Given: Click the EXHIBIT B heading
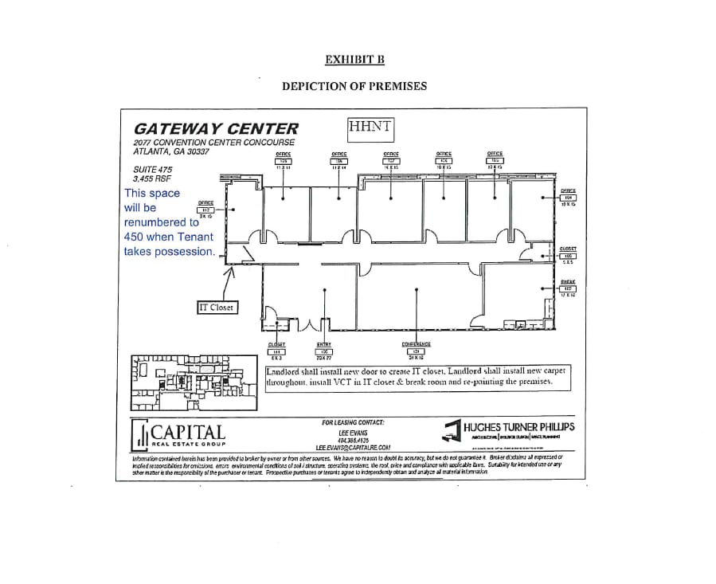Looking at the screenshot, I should [x=354, y=59].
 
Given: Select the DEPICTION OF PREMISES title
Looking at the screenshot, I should [x=354, y=86].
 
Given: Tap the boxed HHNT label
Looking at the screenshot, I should [x=371, y=126].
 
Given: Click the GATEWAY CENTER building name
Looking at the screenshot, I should [x=217, y=128].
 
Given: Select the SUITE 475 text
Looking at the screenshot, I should [x=152, y=169].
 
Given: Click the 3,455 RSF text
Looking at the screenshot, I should [x=150, y=178].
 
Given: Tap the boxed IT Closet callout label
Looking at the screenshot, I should [x=217, y=307].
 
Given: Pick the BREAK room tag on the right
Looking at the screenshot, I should [x=568, y=288].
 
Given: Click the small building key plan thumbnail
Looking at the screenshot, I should [x=196, y=382].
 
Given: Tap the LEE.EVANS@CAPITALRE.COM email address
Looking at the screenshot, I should [x=353, y=448].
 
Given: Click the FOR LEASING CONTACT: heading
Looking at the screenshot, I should [x=353, y=422].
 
